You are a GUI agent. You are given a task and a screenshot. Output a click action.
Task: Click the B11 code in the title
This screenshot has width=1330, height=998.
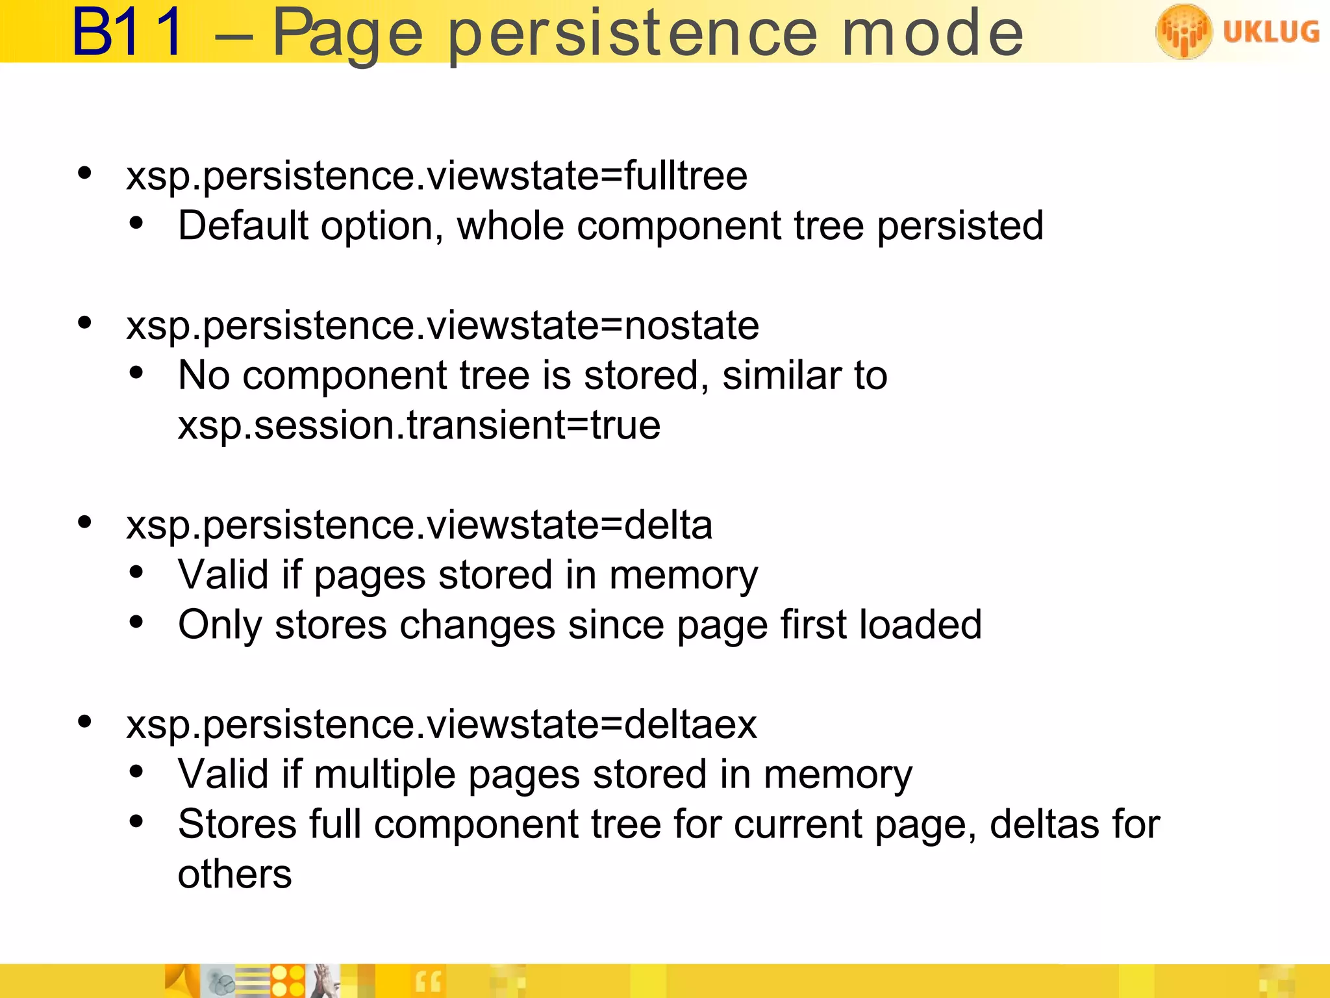pos(128,32)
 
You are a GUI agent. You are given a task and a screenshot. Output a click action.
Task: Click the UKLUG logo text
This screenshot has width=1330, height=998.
pos(1271,31)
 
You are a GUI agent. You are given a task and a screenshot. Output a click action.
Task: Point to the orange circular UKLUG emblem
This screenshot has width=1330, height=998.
pos(1183,31)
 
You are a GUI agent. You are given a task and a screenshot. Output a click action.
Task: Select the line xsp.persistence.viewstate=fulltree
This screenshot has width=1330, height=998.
pos(436,175)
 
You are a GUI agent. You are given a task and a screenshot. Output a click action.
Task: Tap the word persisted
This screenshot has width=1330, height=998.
pos(960,227)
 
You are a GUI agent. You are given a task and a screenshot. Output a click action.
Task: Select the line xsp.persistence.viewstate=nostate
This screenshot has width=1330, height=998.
pos(442,325)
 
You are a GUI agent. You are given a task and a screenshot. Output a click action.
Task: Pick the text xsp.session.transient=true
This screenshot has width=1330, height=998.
pos(419,426)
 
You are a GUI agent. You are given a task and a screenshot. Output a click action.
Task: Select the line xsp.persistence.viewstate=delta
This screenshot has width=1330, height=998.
pos(419,524)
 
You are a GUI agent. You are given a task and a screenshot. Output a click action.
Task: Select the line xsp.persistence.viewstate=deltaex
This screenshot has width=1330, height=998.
pos(442,724)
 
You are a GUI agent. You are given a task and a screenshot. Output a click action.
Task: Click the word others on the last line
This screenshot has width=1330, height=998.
pos(234,875)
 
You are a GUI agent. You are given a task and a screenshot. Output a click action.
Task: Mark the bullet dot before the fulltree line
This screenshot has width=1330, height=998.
pos(84,173)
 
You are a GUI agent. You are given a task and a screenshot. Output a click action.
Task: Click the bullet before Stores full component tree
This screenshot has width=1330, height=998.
pos(136,822)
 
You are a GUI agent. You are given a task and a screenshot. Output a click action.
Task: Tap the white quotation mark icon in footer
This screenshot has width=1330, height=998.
pos(428,982)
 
